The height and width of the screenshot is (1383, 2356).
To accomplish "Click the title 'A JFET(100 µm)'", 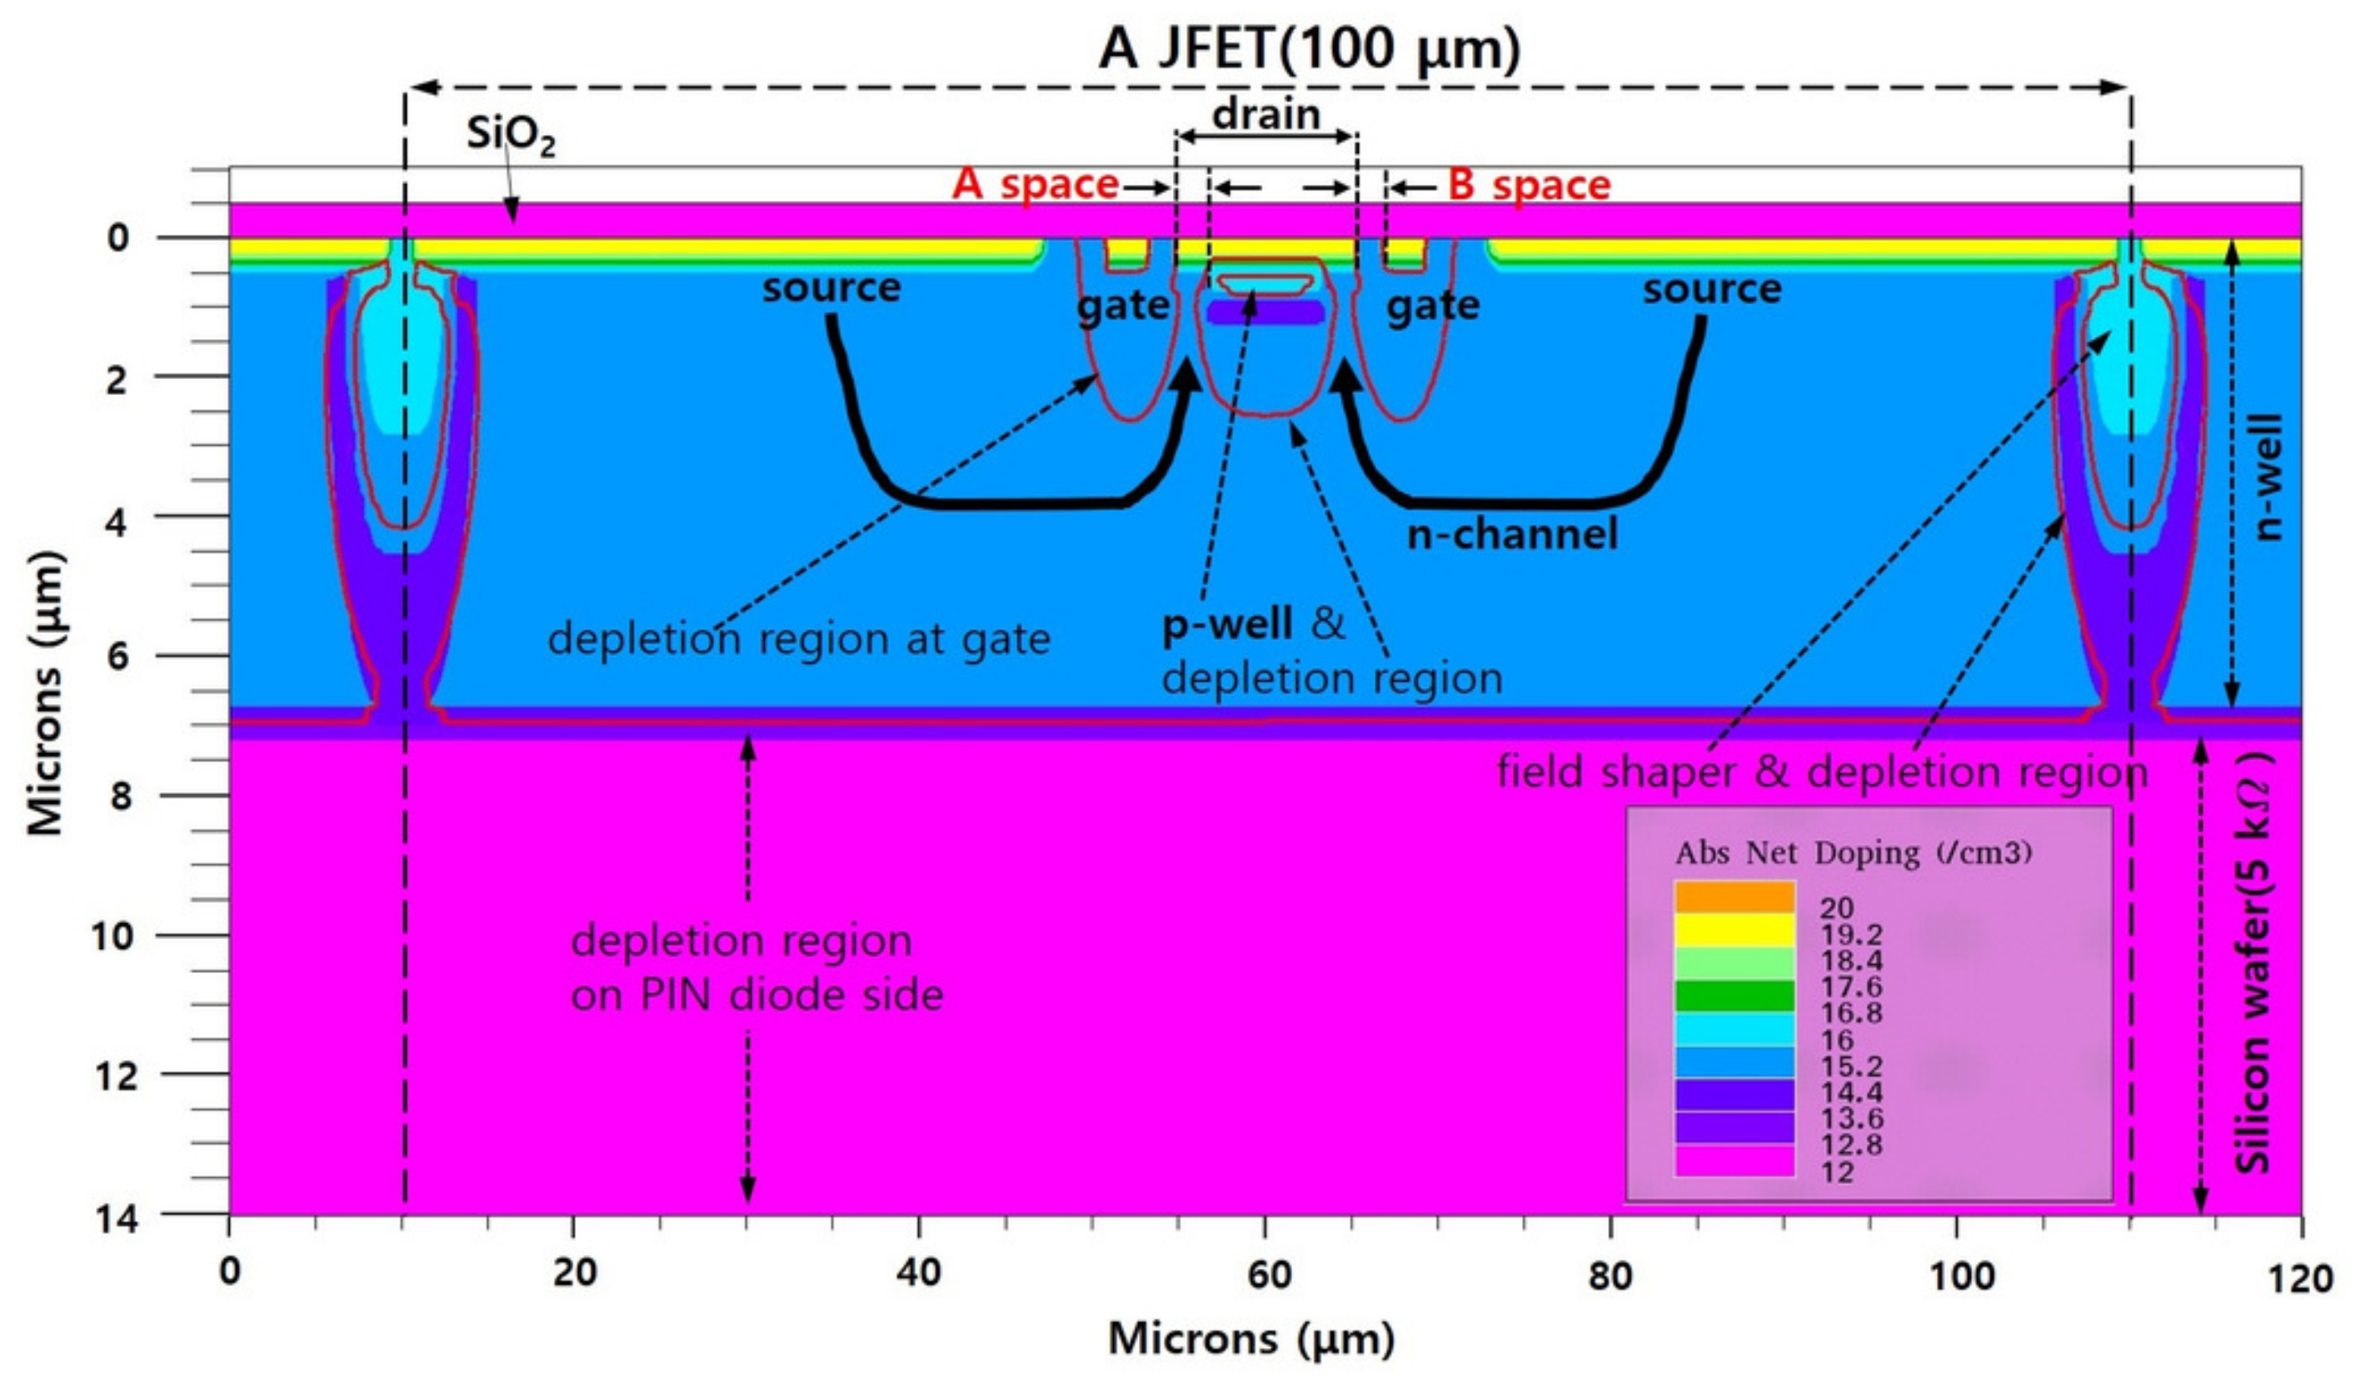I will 1309,48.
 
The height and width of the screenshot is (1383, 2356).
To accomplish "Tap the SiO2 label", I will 511,137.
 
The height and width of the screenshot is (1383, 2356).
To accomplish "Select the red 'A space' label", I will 1035,185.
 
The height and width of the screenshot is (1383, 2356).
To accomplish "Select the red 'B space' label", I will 1529,185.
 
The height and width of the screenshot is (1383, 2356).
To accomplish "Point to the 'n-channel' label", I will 1512,534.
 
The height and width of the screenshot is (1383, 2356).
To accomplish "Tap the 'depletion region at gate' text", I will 800,640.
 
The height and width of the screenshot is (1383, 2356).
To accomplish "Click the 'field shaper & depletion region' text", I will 1822,772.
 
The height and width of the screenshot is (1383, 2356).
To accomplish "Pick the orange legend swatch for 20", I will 1735,896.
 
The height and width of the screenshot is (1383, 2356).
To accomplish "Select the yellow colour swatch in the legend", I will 1735,930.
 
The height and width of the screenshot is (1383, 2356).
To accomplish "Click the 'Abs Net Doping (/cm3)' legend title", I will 1853,853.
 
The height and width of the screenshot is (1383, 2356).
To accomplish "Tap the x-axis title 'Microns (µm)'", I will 1251,1339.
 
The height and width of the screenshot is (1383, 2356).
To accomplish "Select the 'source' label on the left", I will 831,287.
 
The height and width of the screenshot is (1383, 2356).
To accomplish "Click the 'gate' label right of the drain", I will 1432,306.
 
